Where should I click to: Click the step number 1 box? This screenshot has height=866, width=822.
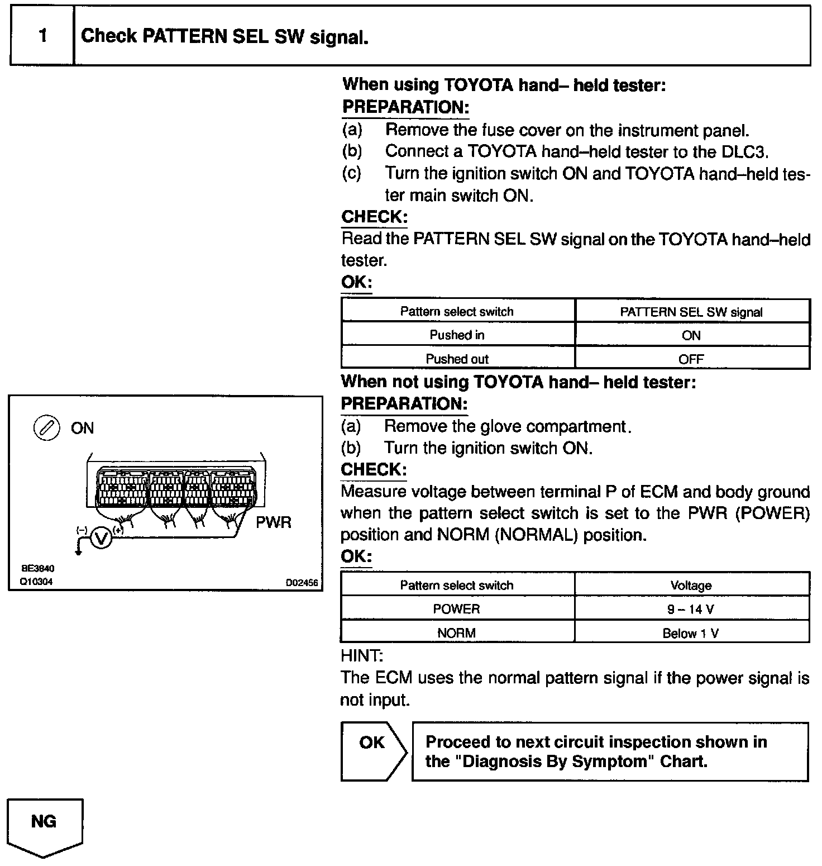click(42, 36)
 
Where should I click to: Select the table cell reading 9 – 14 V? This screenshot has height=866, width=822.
click(691, 608)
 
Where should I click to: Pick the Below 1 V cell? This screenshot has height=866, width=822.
click(691, 632)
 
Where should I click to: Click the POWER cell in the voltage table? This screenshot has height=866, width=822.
click(457, 608)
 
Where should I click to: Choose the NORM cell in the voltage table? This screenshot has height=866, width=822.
click(457, 632)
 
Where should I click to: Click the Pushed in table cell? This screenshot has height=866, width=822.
click(457, 335)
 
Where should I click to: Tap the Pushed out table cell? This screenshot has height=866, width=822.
click(457, 359)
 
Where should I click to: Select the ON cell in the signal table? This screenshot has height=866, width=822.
click(691, 335)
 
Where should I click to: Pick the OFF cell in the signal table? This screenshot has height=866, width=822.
click(691, 359)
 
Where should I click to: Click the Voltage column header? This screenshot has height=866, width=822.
click(691, 585)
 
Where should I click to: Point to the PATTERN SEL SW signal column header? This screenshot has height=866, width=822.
click(691, 312)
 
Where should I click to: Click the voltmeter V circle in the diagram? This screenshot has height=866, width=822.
click(101, 539)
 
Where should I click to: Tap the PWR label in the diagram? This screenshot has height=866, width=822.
click(273, 522)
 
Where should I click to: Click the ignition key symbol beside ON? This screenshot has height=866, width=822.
click(47, 428)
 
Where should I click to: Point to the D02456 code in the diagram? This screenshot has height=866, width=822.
click(302, 583)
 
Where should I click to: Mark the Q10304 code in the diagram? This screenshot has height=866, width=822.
click(37, 581)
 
